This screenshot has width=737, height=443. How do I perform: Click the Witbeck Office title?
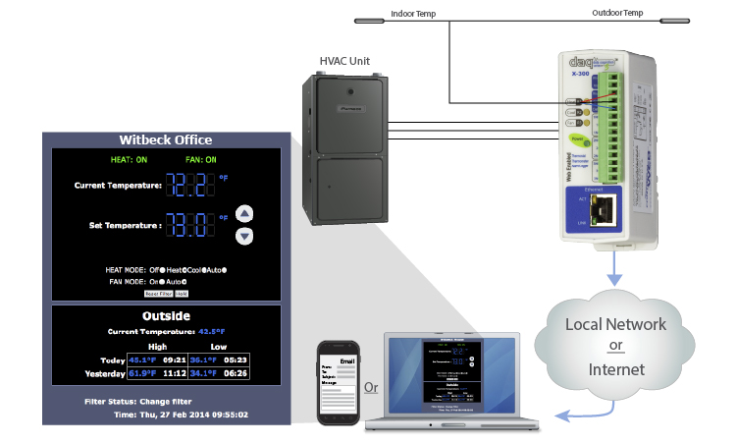165,139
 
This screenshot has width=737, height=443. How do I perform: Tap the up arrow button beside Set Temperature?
245,213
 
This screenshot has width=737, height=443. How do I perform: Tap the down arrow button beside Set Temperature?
245,236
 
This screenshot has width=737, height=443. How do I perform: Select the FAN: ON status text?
200,159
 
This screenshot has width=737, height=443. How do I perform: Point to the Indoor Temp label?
413,14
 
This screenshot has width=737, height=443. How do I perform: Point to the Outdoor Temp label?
618,14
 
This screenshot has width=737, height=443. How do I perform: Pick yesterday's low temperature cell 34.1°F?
204,372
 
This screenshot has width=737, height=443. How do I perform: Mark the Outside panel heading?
165,316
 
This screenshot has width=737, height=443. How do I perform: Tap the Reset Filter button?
158,293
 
